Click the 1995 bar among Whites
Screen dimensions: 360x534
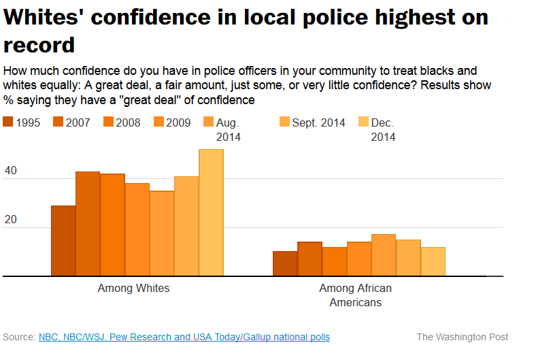(63, 241)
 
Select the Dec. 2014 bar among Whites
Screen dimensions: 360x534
(211, 212)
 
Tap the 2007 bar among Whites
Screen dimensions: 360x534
(88, 224)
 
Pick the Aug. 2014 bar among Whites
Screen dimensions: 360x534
(162, 233)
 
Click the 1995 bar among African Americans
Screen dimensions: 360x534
(285, 264)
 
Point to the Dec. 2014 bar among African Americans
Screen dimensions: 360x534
(433, 261)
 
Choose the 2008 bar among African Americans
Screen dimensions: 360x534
(334, 261)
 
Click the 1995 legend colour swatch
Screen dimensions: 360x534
(9, 122)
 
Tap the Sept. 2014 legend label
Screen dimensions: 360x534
(318, 123)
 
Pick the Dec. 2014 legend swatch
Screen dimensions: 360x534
(363, 122)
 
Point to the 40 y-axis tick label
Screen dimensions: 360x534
(11, 172)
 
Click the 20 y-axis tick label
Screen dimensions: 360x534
(11, 221)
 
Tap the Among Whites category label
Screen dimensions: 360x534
(133, 289)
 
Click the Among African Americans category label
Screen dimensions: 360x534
(356, 295)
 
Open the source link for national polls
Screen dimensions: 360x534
(184, 337)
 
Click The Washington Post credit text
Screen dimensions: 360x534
(462, 337)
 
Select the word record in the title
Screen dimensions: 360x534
(39, 45)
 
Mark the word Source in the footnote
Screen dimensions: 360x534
(19, 337)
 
